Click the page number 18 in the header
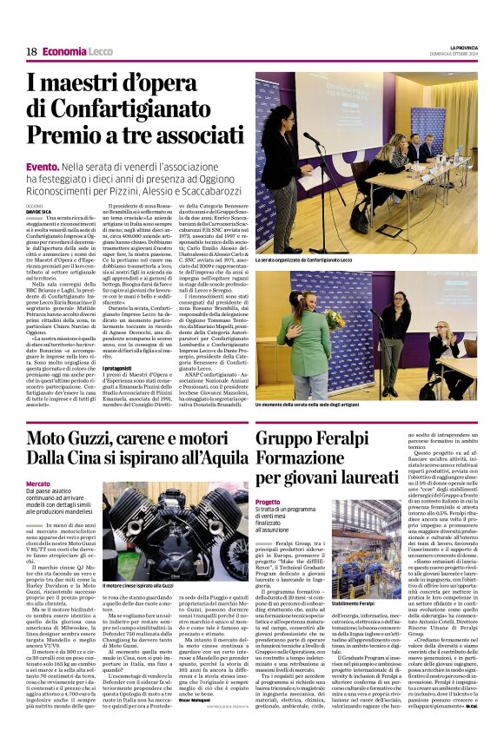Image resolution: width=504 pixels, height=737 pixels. pyautogui.click(x=31, y=52)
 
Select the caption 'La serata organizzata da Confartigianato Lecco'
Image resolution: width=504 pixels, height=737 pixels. pyautogui.click(x=305, y=260)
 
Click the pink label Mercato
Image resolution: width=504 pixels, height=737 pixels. pyautogui.click(x=38, y=483)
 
